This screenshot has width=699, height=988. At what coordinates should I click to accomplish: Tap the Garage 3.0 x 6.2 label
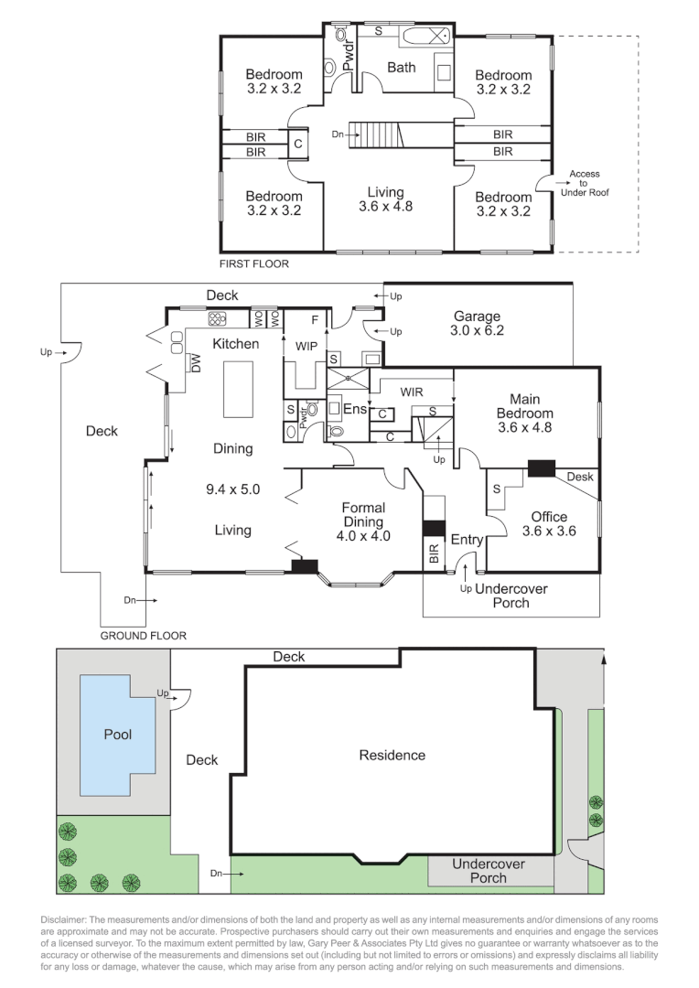coord(478,325)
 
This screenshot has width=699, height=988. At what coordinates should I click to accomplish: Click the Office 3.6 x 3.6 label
coord(548,523)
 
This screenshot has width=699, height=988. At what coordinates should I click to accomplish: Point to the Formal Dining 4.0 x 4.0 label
coord(363,521)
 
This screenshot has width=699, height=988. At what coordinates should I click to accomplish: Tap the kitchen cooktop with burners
coord(218,319)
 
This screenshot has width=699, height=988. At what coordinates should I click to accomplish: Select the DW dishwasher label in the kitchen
coord(195,363)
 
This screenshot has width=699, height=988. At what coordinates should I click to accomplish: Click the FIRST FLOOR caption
coord(253,264)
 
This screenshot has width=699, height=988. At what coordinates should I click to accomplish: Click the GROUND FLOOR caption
coord(143,635)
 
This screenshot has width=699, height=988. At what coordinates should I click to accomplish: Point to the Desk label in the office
coord(579,477)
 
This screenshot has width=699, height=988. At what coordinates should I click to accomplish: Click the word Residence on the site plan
coord(392,755)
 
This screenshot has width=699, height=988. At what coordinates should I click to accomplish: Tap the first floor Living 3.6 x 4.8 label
coord(385,199)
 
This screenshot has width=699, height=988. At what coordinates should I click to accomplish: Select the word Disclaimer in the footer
coord(66,919)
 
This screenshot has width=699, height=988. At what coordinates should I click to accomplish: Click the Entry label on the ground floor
coord(466,540)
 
